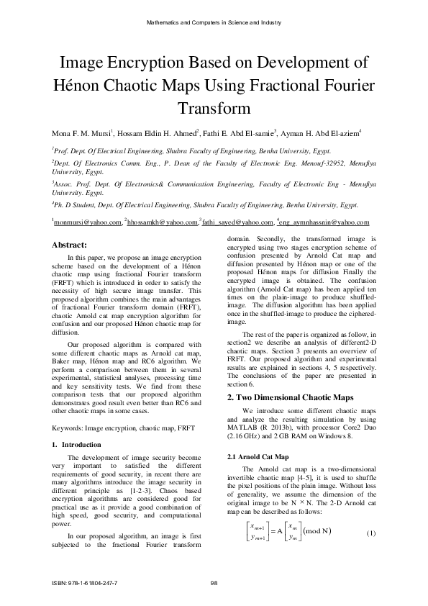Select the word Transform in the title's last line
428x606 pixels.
coord(214,109)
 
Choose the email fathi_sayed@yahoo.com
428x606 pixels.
coord(238,224)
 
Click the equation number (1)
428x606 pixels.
coord(372,532)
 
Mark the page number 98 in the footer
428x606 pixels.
coord(214,582)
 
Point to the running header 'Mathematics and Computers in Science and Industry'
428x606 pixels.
coord(214,24)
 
